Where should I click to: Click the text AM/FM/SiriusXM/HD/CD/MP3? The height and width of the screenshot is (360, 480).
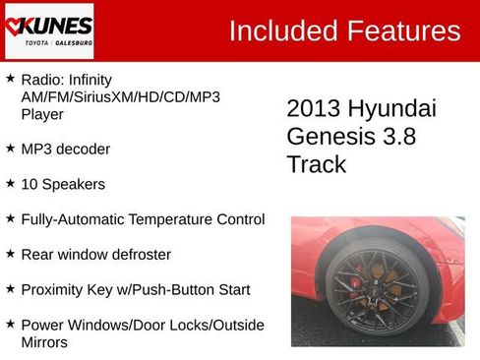click(120, 96)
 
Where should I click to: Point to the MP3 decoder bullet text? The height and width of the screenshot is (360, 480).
click(65, 149)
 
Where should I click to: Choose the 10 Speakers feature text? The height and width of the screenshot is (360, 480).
click(63, 184)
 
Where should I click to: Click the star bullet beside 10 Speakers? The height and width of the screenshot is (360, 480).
click(10, 183)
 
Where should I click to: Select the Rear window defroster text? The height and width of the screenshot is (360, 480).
click(95, 255)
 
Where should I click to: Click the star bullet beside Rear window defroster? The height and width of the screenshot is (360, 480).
click(10, 254)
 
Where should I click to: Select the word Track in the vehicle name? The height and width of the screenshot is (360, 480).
click(317, 164)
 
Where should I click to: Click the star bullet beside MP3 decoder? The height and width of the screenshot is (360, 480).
click(10, 148)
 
